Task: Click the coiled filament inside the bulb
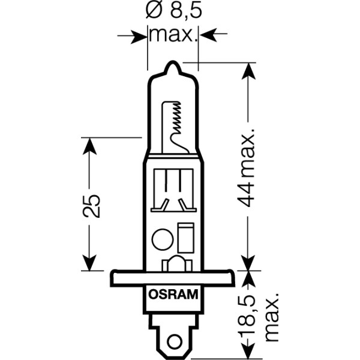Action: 176,117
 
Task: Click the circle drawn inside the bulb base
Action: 162,239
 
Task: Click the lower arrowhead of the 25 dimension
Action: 89,263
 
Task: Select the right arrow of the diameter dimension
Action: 207,36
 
